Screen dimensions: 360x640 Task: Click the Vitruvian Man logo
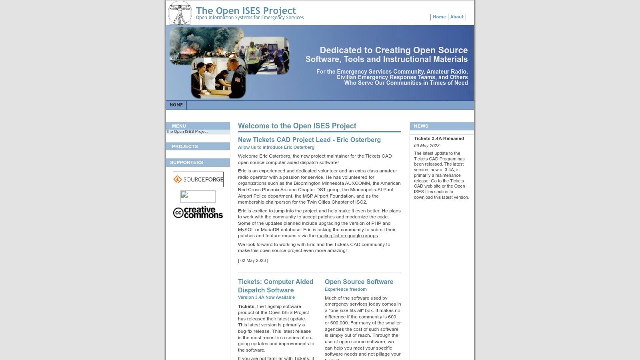pos(180,13)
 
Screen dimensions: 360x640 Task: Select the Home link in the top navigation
pos(439,17)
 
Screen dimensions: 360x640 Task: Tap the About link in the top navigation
pos(456,17)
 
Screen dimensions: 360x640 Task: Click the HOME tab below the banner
pos(176,105)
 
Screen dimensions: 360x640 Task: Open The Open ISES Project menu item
pos(187,132)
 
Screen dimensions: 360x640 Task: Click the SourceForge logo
pos(198,179)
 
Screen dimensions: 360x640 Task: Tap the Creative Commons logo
pos(198,212)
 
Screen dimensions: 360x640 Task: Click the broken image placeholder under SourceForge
pos(198,196)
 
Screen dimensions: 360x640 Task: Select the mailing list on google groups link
pos(347,236)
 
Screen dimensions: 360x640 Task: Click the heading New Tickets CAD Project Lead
pos(309,140)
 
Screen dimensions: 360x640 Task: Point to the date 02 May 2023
pos(253,260)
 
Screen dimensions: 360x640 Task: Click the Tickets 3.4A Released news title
pos(439,138)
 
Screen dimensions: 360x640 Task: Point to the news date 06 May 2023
pos(426,146)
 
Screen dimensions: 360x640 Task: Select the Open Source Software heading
pos(359,282)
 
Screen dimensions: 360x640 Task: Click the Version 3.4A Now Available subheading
pos(266,297)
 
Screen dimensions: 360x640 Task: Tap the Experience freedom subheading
pos(346,289)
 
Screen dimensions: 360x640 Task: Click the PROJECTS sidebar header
pos(185,146)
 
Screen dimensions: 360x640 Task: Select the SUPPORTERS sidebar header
pos(186,162)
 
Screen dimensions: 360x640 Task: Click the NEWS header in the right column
pos(421,126)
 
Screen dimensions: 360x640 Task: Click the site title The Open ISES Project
pos(246,11)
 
